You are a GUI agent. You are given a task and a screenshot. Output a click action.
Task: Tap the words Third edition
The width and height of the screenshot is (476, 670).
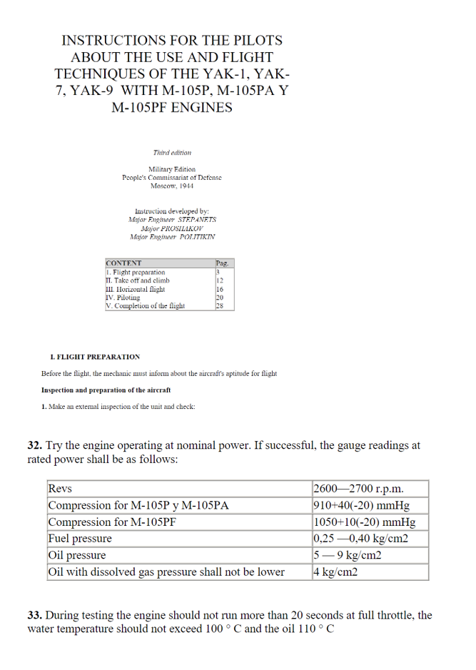pyautogui.click(x=172, y=152)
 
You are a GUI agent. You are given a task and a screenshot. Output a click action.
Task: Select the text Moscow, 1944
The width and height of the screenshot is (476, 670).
pyautogui.click(x=172, y=186)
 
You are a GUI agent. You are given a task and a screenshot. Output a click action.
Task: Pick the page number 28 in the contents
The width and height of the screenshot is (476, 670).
pyautogui.click(x=220, y=305)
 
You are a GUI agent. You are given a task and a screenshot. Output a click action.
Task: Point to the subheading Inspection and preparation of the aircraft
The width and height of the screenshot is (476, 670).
pyautogui.click(x=106, y=390)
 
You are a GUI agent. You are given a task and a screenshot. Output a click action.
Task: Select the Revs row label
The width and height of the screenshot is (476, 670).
pyautogui.click(x=60, y=489)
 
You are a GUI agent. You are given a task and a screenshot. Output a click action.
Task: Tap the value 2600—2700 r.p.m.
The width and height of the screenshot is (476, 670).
pyautogui.click(x=358, y=489)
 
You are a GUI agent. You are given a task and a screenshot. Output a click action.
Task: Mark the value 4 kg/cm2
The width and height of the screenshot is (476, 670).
pyautogui.click(x=335, y=572)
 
